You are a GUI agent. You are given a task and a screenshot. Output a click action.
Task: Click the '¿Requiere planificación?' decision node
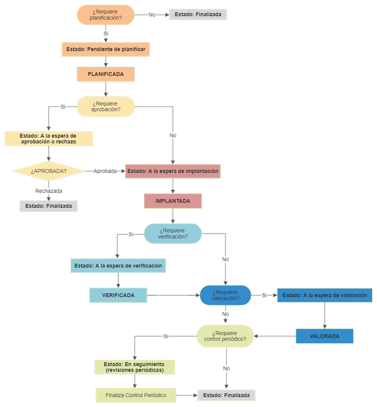coord(106,15)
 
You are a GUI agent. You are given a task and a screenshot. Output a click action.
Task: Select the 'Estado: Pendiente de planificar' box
coord(106,50)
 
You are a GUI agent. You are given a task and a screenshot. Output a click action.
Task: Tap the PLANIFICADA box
coord(106,74)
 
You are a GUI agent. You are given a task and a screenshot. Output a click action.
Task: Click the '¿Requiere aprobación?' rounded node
coord(106,106)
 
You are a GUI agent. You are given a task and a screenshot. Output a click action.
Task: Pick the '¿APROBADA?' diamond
coord(49,171)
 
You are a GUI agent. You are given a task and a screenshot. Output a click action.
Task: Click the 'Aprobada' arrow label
coord(105,171)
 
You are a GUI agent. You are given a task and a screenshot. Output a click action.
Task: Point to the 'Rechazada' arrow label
coord(49,191)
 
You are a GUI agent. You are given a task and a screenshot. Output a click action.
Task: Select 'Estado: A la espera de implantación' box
coord(172,171)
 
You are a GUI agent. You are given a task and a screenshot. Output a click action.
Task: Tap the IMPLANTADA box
coord(172,201)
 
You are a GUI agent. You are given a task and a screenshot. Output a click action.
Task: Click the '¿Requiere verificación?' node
coord(172,233)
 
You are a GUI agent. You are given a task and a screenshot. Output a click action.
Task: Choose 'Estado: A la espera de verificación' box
coord(118,265)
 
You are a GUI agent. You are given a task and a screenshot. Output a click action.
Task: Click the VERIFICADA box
coord(118,295)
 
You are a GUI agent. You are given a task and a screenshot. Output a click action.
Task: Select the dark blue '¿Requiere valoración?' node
coord(225,295)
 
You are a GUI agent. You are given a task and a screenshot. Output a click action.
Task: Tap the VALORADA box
coord(324,336)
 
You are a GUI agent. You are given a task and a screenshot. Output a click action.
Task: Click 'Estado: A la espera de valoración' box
coord(324,295)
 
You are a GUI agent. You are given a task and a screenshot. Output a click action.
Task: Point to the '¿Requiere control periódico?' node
coord(225,336)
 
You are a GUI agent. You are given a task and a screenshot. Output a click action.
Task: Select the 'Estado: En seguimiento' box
coord(135,367)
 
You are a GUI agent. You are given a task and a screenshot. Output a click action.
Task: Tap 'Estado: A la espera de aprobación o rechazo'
coord(48,138)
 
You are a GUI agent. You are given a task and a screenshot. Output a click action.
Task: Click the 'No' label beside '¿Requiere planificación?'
coord(151,15)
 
